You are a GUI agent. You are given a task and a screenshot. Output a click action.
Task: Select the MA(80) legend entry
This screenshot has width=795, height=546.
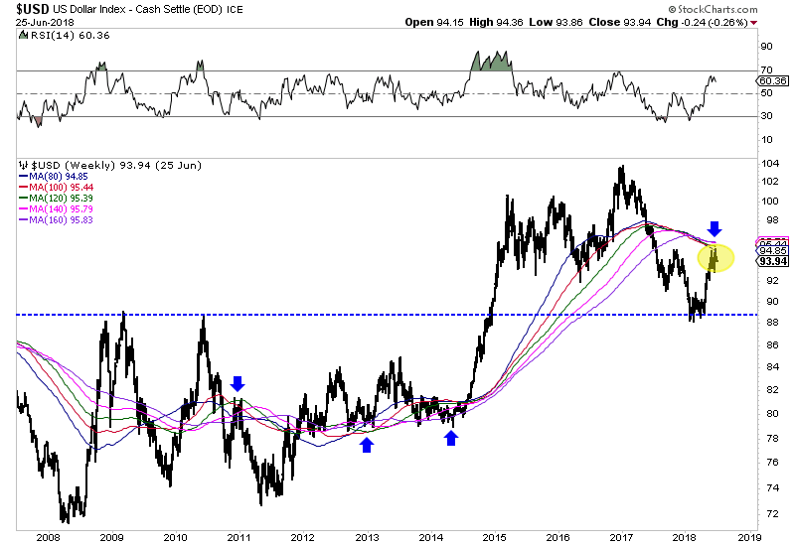coord(51,174)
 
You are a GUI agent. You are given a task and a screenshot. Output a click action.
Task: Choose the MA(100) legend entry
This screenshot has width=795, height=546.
coord(53,185)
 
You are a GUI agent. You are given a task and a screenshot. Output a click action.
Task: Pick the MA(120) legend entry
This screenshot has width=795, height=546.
coord(53,196)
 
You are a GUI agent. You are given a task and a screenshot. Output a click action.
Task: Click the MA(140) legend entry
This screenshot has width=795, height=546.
coord(53,206)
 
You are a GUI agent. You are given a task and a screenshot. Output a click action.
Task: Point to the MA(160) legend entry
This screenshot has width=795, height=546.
coord(53,217)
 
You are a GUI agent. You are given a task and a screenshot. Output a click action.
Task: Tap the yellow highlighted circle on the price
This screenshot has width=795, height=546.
coord(715,258)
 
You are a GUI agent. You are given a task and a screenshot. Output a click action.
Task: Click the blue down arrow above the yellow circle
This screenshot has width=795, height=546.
coord(715,229)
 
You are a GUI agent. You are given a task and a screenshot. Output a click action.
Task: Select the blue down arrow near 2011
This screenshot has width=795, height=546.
coord(238,383)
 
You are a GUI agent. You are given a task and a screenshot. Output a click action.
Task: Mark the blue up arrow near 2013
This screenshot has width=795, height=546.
coord(367,444)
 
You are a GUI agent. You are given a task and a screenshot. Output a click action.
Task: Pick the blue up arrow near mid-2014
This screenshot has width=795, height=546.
coord(451,437)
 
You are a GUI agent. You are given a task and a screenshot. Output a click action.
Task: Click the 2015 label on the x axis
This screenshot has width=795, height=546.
coord(494,535)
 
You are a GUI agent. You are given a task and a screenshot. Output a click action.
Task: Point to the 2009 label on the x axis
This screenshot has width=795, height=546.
coord(108,535)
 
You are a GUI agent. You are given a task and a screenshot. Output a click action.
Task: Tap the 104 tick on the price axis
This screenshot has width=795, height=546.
coord(768,163)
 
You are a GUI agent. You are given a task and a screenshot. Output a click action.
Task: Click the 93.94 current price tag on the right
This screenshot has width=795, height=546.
coord(772,262)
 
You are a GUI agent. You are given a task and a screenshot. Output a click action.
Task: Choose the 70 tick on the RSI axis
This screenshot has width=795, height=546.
coord(767,69)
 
